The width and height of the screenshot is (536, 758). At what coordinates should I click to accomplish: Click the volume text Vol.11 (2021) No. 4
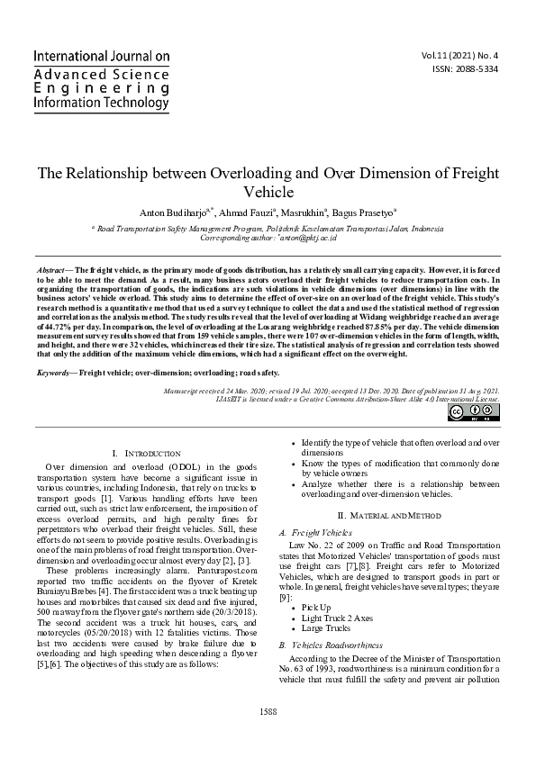coord(466,55)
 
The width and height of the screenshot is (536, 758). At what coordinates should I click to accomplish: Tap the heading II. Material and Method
coord(388,514)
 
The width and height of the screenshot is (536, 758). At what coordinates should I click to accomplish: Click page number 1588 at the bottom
coord(268,737)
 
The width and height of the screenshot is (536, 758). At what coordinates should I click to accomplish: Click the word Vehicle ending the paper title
coord(268,192)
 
